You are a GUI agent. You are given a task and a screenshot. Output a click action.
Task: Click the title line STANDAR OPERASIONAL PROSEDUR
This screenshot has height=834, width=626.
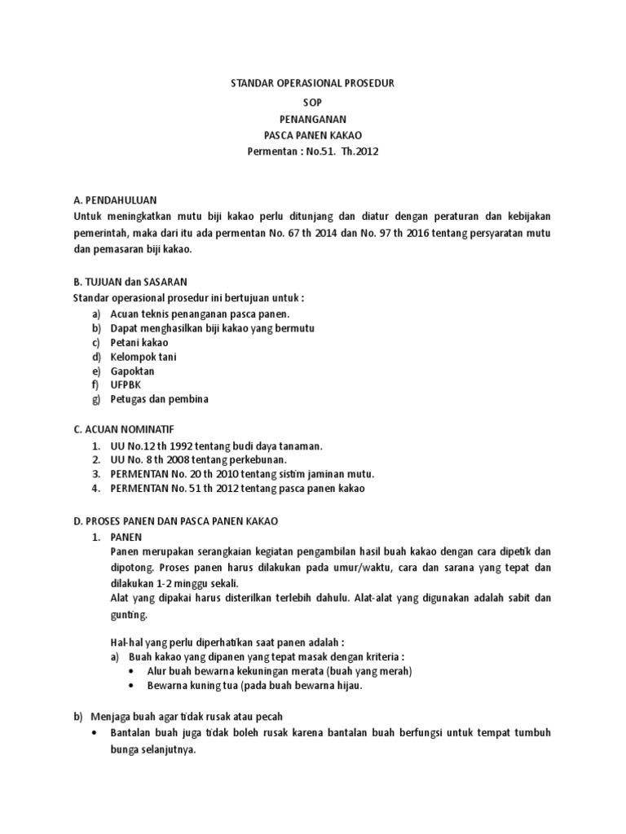[x=313, y=84]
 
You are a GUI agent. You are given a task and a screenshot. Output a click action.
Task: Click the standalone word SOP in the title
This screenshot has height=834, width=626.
[x=313, y=101]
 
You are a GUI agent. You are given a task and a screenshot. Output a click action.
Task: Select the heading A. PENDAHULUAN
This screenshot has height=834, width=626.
[x=115, y=200]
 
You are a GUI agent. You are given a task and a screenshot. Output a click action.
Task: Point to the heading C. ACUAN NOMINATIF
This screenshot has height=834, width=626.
[x=123, y=428]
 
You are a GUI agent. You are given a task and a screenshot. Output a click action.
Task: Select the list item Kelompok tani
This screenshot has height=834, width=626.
[x=143, y=357]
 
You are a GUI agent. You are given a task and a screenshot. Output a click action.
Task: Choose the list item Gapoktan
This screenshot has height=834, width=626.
[x=132, y=371]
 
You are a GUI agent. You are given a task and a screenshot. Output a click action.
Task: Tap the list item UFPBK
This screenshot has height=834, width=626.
[x=126, y=384]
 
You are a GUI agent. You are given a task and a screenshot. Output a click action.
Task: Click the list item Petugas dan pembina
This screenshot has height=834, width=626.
[x=160, y=399]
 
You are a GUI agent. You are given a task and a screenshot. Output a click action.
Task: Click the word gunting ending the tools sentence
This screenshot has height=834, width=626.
[x=128, y=615]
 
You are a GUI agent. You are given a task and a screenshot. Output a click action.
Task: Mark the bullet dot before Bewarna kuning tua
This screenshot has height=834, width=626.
[x=132, y=686]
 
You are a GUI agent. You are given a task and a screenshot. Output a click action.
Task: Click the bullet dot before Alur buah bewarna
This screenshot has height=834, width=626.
[x=132, y=671]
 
